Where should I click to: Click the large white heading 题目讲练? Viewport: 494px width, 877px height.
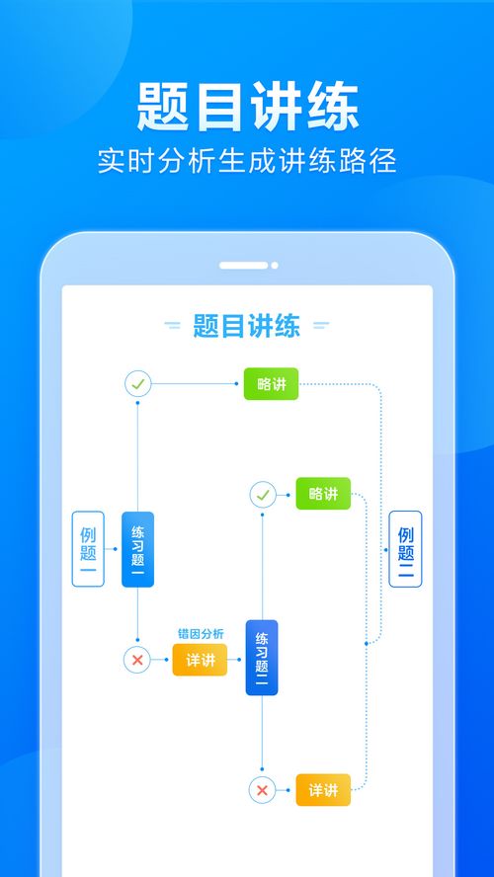click(x=247, y=107)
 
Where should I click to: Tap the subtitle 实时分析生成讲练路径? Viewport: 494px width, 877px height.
click(x=247, y=161)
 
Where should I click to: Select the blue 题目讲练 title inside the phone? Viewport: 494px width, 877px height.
click(x=247, y=326)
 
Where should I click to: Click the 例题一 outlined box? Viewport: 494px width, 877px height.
click(x=88, y=549)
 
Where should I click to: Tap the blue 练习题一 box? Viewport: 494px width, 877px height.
click(x=137, y=549)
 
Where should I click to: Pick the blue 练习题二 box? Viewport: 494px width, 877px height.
click(x=262, y=658)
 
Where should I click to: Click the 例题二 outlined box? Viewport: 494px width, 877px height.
click(x=406, y=549)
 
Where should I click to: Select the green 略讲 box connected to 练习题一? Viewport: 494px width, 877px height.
click(x=272, y=383)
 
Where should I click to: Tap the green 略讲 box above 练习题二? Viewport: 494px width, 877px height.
click(x=323, y=494)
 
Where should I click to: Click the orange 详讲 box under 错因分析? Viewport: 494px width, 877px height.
click(x=200, y=660)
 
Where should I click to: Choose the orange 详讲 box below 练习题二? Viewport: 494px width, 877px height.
click(x=323, y=790)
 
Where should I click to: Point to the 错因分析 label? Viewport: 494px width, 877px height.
click(x=201, y=634)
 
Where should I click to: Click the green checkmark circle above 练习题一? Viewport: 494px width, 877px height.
click(x=137, y=383)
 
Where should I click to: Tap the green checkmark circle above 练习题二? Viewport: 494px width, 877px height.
click(x=263, y=495)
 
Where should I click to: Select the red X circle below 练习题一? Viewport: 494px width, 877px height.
click(x=137, y=660)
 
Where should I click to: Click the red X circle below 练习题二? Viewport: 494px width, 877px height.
click(x=263, y=790)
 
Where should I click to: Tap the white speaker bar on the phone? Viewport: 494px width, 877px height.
click(x=243, y=265)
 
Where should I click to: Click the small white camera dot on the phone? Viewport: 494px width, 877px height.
click(x=274, y=265)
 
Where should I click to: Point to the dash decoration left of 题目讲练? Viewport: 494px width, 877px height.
click(x=172, y=325)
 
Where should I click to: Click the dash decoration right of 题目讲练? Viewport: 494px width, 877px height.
click(x=321, y=325)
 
